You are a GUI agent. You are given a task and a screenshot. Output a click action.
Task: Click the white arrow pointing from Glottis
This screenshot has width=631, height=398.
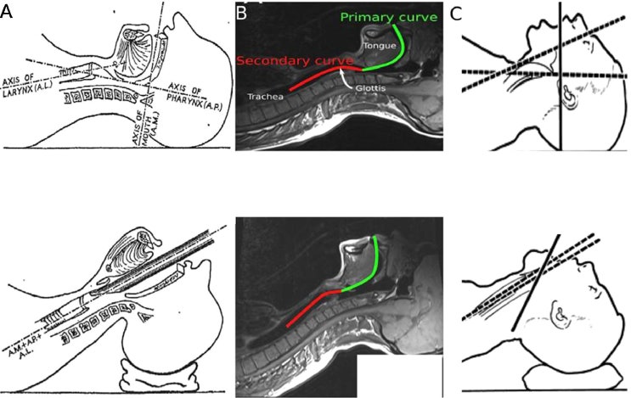(346, 79)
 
